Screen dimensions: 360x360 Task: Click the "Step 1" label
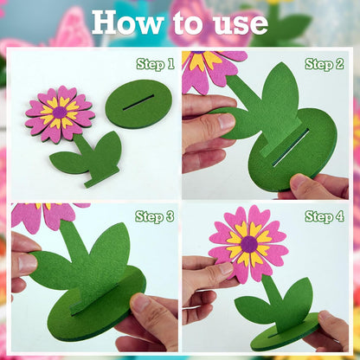(156, 64)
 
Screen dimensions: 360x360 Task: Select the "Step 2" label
(325, 64)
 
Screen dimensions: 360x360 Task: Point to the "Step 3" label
(155, 216)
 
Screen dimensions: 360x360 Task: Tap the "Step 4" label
(325, 216)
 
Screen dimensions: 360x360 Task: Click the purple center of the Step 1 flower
(60, 112)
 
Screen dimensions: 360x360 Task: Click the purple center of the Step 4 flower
(249, 244)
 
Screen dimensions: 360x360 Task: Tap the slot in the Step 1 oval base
(138, 102)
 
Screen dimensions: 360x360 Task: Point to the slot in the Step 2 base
(291, 147)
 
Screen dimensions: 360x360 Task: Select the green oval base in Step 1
(138, 104)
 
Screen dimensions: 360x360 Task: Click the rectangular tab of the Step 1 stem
(102, 177)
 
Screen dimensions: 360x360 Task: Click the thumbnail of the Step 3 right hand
(142, 304)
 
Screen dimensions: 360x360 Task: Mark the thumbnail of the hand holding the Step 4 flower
(226, 268)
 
